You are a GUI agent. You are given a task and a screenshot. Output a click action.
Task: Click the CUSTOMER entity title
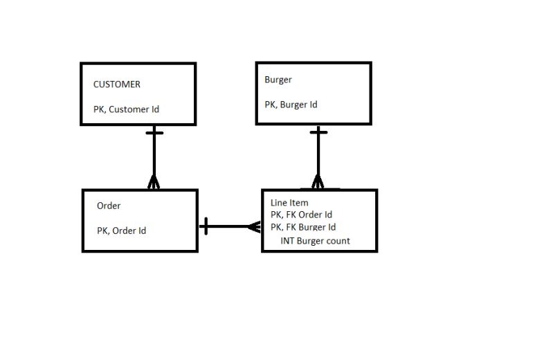pos(116,84)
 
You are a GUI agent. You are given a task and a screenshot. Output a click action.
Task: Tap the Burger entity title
pos(278,80)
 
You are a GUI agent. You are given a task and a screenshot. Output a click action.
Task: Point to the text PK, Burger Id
pos(291,105)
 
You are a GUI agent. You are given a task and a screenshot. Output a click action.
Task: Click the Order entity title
pos(109,206)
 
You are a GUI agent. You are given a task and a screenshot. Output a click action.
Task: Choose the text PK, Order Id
pos(121,231)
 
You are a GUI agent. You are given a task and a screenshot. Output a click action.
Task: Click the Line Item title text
pos(289,203)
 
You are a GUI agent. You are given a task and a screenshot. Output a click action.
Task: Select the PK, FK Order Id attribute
pos(301,215)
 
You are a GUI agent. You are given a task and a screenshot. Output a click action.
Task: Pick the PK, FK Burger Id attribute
pos(302,227)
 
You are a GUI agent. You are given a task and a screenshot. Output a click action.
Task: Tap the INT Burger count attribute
pos(315,241)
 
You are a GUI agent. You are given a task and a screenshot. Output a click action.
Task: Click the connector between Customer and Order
pos(154,156)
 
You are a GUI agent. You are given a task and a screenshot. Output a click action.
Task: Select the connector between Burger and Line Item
pos(318,156)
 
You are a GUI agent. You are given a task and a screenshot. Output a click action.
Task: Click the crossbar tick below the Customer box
pos(154,132)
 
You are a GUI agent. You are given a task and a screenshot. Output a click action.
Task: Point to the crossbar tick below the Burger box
pos(318,132)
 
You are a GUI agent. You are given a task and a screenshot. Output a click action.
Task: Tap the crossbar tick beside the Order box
pos(206,226)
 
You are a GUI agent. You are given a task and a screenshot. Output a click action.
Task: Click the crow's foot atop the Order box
pos(154,183)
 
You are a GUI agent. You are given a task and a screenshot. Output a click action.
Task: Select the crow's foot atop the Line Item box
pos(318,182)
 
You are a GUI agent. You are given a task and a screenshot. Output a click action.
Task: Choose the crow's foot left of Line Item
pos(255,226)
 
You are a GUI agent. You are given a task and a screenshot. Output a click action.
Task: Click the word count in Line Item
pos(338,241)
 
